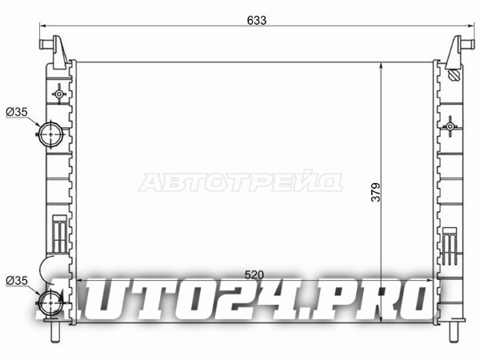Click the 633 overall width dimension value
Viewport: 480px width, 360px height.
(257, 20)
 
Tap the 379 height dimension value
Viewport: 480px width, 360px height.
(376, 192)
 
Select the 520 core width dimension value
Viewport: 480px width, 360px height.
(254, 274)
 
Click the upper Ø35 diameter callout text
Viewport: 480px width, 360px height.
(17, 112)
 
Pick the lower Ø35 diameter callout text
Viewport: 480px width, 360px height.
(17, 281)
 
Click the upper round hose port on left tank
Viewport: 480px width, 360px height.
(50, 134)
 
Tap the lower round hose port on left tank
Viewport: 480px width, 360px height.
(50, 302)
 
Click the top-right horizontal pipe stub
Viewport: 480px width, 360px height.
(464, 44)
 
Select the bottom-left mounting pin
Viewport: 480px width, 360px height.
(55, 332)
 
